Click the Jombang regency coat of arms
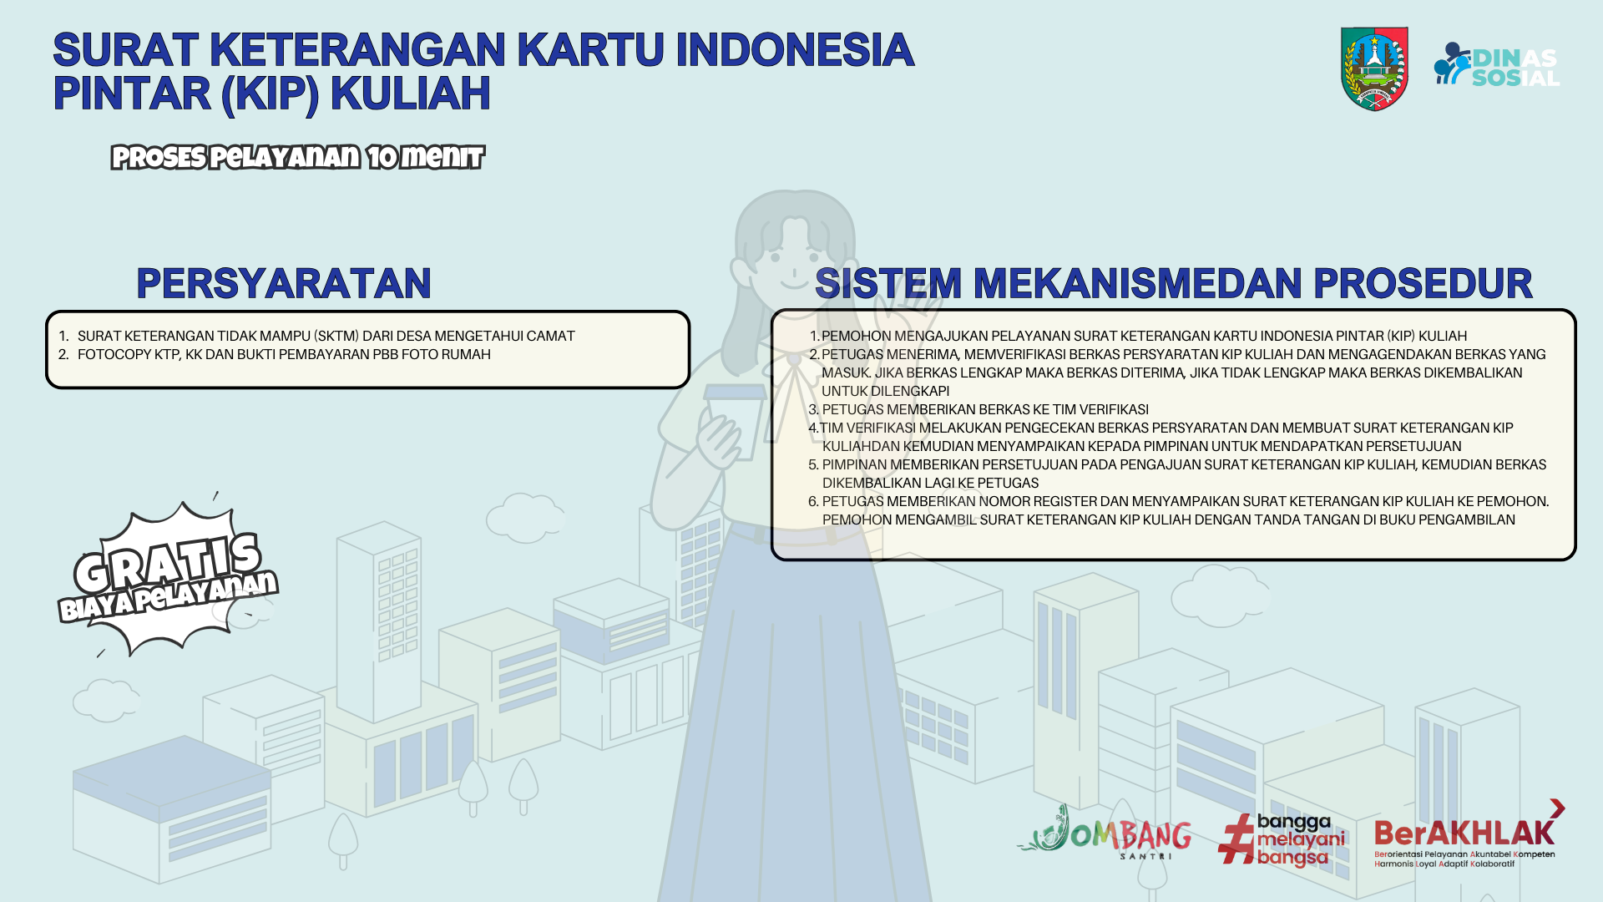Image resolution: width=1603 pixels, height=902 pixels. tap(1374, 68)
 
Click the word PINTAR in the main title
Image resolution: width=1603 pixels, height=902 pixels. tap(132, 93)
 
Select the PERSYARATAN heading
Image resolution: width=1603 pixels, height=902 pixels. tap(284, 284)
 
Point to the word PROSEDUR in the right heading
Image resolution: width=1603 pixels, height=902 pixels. tap(1423, 284)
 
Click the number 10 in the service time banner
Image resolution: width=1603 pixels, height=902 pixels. tap(382, 157)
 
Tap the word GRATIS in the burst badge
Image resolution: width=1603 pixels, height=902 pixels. tap(168, 560)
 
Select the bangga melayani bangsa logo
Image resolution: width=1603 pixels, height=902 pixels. tap(1282, 839)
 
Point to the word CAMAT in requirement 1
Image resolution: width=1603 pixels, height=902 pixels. tap(549, 336)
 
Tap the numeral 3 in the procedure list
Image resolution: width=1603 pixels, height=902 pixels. tap(813, 409)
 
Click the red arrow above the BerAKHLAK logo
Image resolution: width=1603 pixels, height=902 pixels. tap(1557, 808)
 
